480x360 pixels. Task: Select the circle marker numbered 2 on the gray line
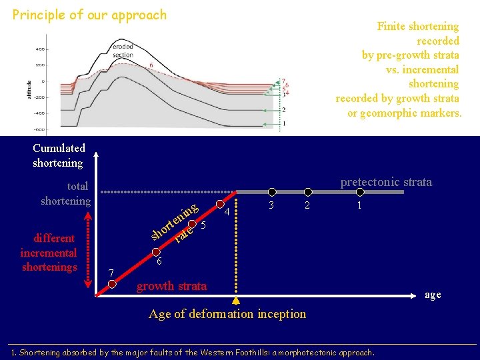tap(307, 192)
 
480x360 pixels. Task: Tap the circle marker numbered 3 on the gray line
tap(271, 192)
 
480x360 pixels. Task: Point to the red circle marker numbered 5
tap(193, 224)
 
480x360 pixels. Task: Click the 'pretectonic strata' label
tap(386, 181)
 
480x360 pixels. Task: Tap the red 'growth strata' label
tap(171, 286)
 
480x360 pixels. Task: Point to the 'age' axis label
tap(433, 295)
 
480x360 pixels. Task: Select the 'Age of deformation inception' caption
tap(227, 313)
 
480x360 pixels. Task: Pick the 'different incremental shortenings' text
tap(49, 253)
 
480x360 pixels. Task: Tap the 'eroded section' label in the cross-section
tap(123, 51)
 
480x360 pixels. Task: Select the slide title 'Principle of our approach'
tap(89, 14)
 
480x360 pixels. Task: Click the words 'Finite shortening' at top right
tap(417, 27)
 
